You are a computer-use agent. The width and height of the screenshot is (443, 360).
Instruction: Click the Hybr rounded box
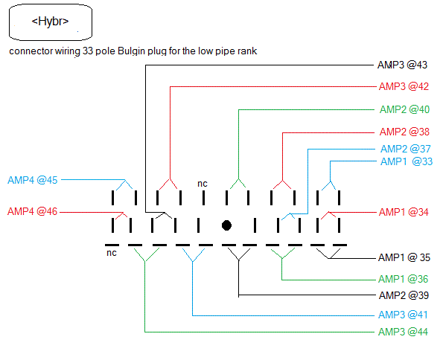click(51, 22)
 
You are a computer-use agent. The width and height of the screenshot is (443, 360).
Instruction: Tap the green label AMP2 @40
click(404, 109)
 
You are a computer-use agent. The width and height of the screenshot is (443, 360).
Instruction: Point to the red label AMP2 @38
click(404, 132)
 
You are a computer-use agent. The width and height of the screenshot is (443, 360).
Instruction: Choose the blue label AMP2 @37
click(405, 149)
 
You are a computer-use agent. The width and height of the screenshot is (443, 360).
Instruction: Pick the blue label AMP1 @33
click(406, 161)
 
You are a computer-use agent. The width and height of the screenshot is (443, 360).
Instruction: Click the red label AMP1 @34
click(404, 213)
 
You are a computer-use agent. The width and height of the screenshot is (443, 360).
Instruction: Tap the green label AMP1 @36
click(404, 280)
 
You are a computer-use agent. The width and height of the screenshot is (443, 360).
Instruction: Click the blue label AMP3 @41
click(404, 315)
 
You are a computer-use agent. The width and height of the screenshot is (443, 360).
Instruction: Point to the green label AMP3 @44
click(404, 332)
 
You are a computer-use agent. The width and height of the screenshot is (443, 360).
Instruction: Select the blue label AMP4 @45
click(33, 180)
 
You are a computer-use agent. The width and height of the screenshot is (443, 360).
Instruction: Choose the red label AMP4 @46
click(33, 212)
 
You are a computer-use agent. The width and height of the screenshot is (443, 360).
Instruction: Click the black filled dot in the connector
click(226, 225)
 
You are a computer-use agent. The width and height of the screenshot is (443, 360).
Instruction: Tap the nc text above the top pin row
click(202, 183)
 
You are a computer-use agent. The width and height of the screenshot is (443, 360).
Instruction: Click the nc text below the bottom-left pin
click(112, 254)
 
